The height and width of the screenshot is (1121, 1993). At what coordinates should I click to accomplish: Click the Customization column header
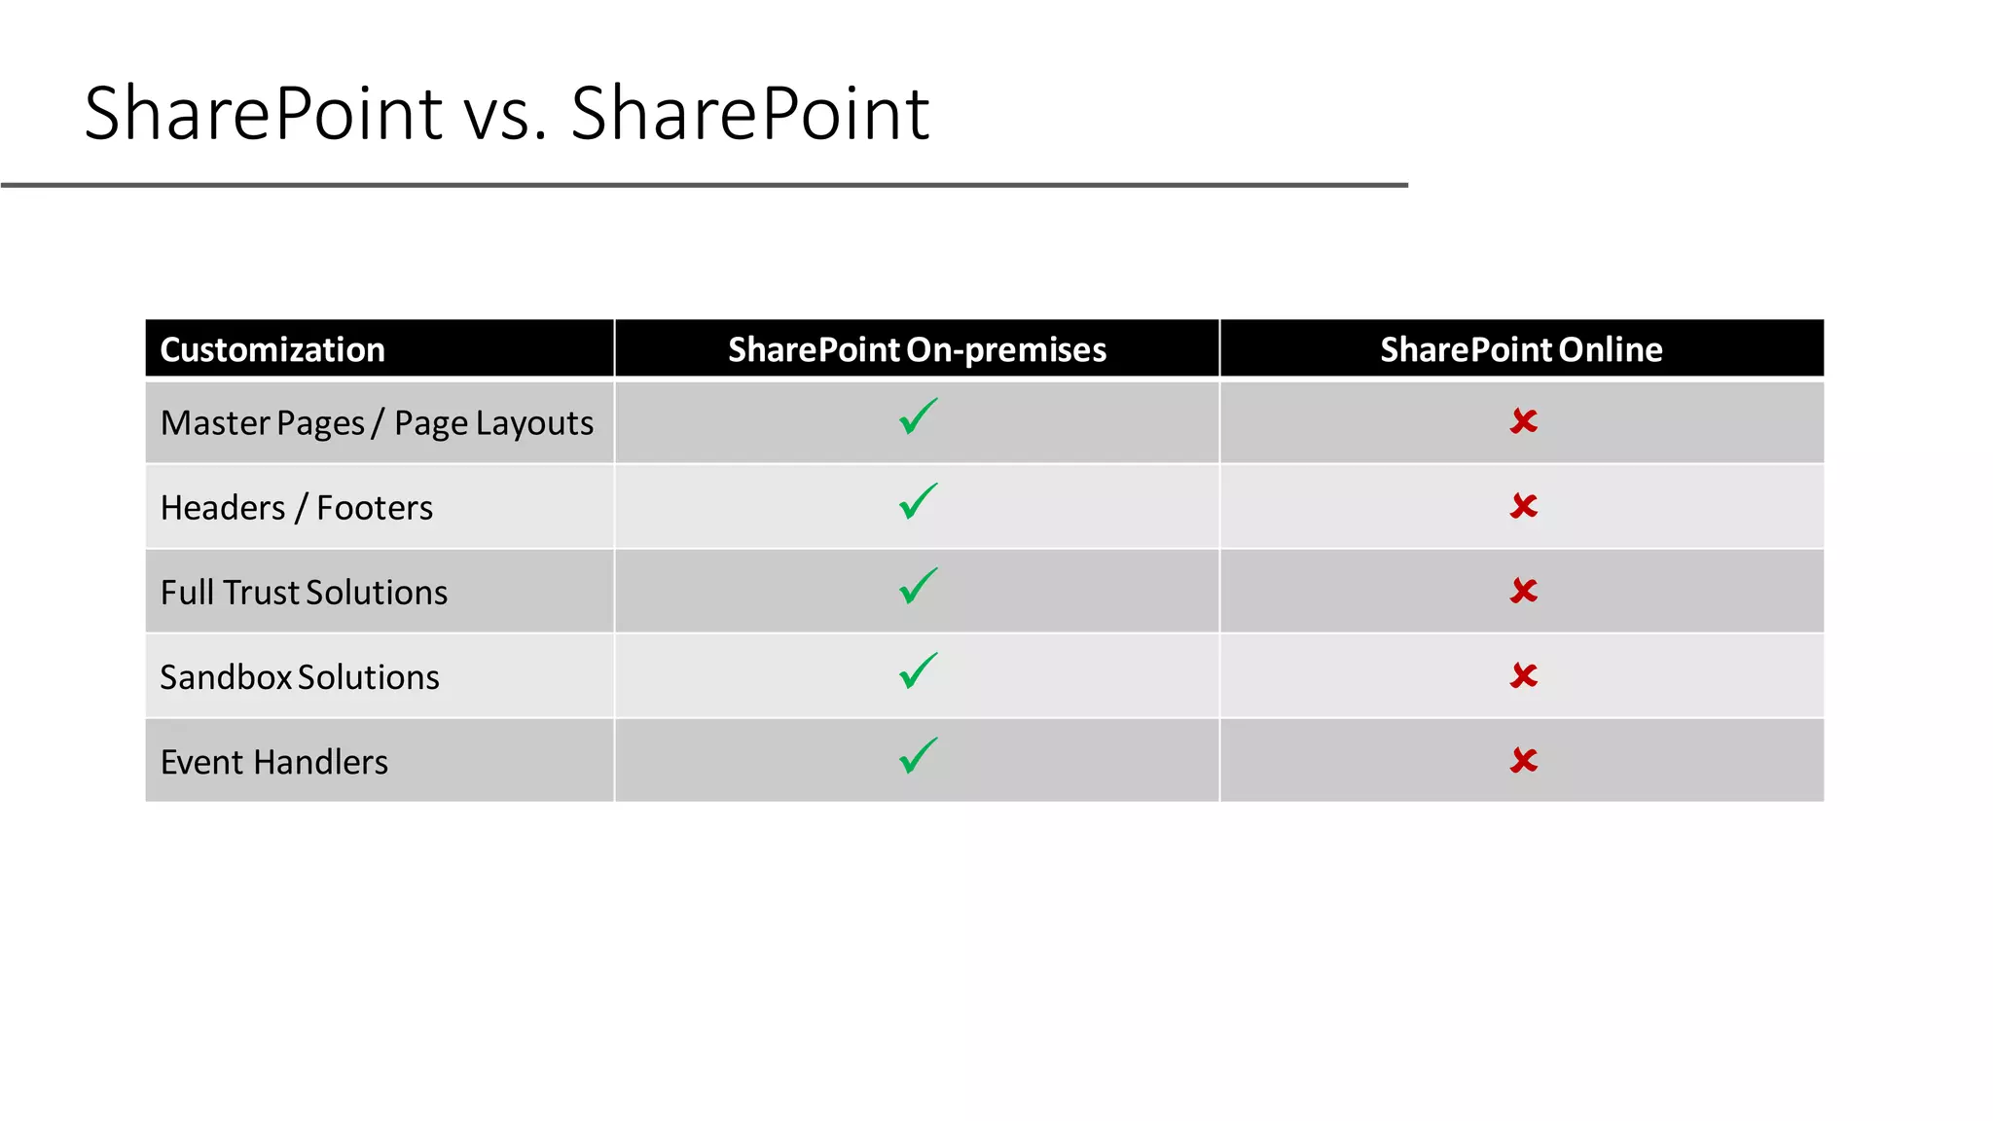click(x=272, y=349)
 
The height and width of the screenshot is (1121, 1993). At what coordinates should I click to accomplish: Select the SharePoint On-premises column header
click(x=917, y=349)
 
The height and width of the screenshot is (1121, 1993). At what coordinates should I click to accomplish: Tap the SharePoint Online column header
click(x=1521, y=349)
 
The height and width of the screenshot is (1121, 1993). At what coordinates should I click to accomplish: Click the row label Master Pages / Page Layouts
click(x=377, y=423)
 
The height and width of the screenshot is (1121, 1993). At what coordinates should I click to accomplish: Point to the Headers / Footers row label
click(x=297, y=508)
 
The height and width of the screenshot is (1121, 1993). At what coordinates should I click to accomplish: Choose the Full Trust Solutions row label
click(x=304, y=593)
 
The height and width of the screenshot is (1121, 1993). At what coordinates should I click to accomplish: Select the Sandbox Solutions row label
click(x=300, y=677)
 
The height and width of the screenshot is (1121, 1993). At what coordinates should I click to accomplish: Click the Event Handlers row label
click(x=274, y=762)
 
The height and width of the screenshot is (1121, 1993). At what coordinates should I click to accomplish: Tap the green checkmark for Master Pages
click(x=918, y=417)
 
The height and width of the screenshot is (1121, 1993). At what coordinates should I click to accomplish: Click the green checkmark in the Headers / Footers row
click(x=918, y=502)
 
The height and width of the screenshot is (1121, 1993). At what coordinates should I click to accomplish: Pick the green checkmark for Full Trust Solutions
click(x=918, y=587)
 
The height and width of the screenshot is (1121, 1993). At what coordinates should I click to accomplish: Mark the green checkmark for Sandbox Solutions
click(x=918, y=671)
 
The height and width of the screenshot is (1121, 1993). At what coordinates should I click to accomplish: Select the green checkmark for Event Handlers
click(x=918, y=756)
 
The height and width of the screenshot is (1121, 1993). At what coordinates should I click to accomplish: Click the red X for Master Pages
click(x=1524, y=421)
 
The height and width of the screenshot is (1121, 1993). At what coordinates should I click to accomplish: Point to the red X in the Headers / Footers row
click(x=1524, y=506)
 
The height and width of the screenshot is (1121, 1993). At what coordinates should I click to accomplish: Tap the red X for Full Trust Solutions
click(x=1524, y=591)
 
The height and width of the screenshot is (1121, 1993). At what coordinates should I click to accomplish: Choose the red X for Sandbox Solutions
click(x=1524, y=675)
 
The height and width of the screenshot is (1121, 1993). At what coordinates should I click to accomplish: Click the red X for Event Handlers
click(x=1524, y=760)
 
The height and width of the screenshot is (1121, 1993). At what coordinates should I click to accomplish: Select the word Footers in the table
click(x=375, y=508)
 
